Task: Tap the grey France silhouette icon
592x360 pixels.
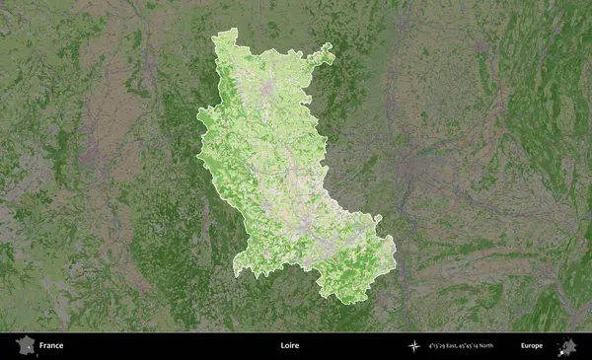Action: pos(26,346)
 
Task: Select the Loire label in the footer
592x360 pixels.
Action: pos(288,346)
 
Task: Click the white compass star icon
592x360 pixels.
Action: pos(413,346)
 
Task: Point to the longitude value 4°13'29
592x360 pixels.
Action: pos(440,346)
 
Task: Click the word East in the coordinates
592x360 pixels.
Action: pos(462,346)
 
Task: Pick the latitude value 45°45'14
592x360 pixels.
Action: pos(483,346)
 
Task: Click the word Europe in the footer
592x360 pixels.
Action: pos(532,346)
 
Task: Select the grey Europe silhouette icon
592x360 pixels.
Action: pos(567,346)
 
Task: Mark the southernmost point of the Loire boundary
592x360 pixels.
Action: pos(341,302)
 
